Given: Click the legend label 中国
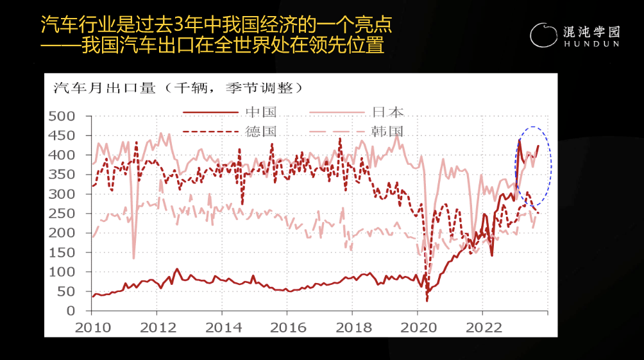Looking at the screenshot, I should click(261, 112).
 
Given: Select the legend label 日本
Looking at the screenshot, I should click(389, 112).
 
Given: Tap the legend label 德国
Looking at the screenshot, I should click(261, 132).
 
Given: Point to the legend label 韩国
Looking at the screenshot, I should click(389, 132).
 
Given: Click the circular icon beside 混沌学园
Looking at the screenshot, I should click(544, 36).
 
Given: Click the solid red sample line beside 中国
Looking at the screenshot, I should click(211, 112).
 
